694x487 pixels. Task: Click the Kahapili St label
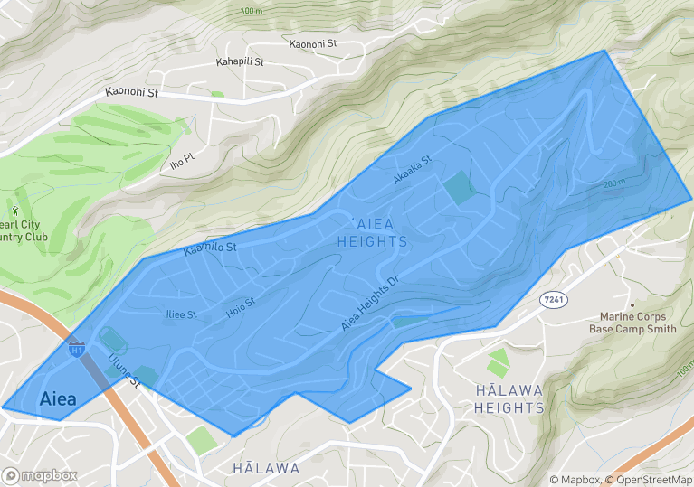tap(240, 62)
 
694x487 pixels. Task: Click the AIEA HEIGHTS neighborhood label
tap(372, 232)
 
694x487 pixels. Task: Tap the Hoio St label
tap(241, 308)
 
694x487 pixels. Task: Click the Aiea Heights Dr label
tap(370, 303)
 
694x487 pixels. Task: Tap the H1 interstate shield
tap(77, 347)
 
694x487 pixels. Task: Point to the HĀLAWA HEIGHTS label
tap(509, 398)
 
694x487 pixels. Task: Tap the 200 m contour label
tap(614, 183)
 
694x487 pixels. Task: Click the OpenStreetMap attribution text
tap(649, 480)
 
